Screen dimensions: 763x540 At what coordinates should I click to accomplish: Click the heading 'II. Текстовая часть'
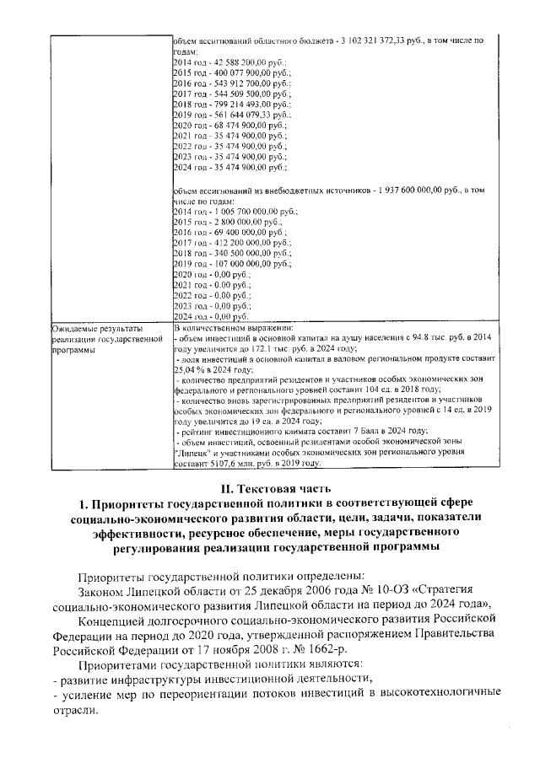269,488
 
